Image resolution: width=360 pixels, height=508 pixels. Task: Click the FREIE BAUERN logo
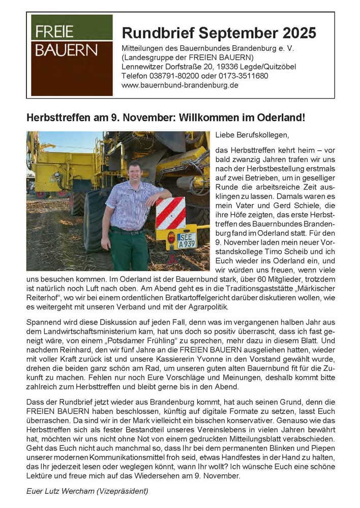[x=72, y=55]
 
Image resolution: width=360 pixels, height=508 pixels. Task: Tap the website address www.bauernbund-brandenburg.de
[x=180, y=85]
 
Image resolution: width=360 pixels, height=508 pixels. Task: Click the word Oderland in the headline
[x=281, y=117]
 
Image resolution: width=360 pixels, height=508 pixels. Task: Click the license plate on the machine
[x=187, y=240]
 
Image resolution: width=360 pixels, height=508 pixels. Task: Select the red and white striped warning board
[x=170, y=213]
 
